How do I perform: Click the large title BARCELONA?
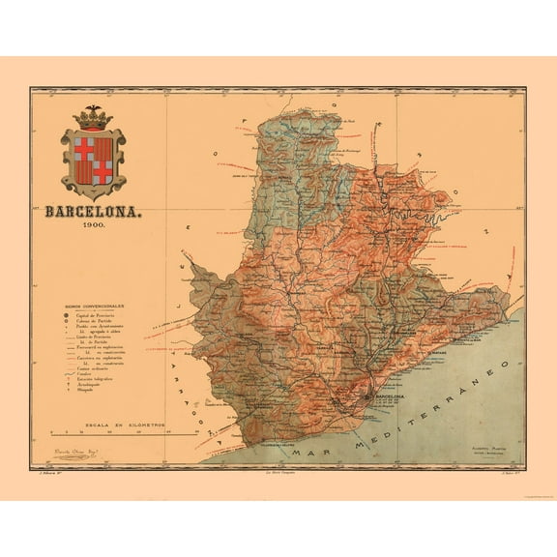[94, 210]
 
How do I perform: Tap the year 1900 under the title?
[94, 225]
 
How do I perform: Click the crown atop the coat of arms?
[93, 117]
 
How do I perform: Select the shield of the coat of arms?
[93, 158]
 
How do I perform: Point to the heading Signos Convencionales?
[93, 305]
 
